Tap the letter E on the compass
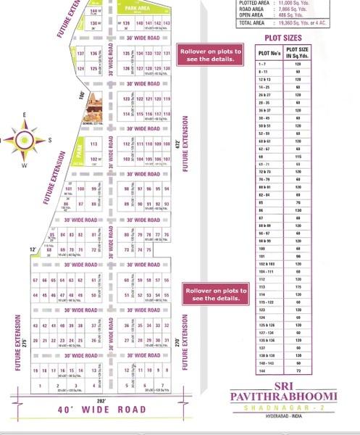click(23, 115)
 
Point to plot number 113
click(93, 144)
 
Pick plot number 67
click(35, 280)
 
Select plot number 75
click(148, 249)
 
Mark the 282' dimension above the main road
click(101, 401)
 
